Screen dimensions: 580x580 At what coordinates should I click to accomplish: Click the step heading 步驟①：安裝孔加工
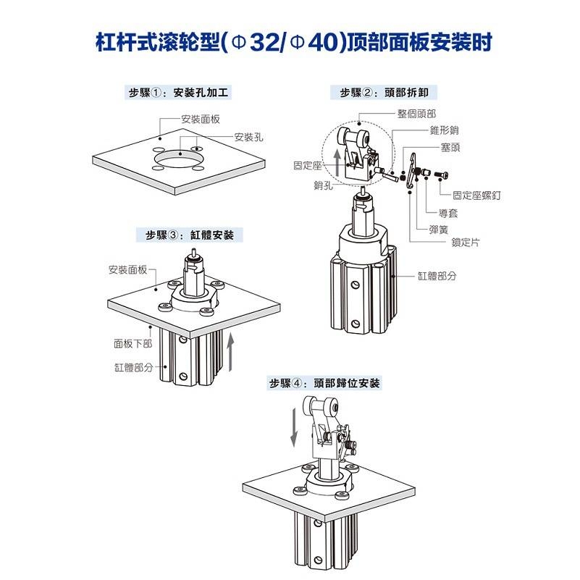tap(180, 93)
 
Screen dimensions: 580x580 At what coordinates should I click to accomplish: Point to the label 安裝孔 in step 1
tap(248, 137)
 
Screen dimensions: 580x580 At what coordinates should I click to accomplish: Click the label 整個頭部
tap(416, 114)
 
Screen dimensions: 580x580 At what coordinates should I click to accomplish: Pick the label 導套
tap(450, 213)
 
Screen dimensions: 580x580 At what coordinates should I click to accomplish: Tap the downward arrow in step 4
tap(294, 427)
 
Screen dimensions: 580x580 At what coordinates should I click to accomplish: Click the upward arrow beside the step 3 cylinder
tap(230, 352)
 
